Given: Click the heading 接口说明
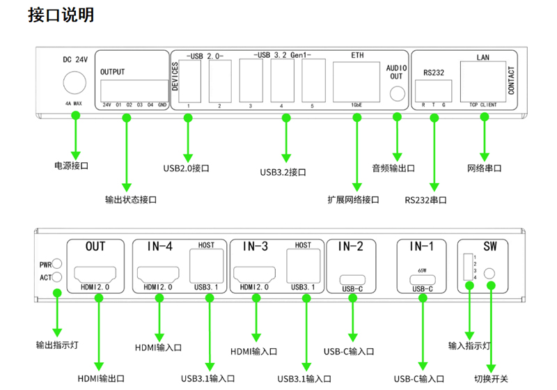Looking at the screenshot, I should click(61, 15).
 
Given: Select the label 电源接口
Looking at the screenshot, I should click(72, 166).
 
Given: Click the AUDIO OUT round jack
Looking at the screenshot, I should click(396, 93).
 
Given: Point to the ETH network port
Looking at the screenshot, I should click(356, 81).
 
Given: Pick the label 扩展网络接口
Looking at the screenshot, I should click(354, 200).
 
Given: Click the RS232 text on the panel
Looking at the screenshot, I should click(434, 72).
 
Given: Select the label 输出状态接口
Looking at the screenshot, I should click(131, 200).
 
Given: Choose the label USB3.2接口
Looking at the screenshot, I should click(283, 172).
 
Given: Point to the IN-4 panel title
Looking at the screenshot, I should click(159, 247).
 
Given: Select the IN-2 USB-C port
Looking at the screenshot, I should click(351, 279).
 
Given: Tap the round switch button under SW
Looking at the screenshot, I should click(491, 274).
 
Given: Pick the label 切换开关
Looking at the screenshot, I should click(492, 380).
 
